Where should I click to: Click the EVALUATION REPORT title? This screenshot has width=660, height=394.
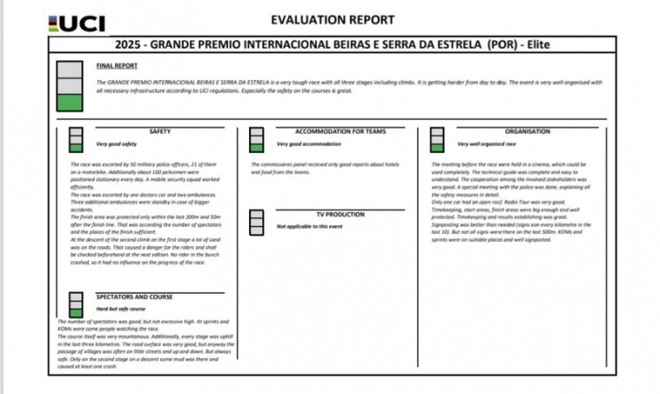[333, 20]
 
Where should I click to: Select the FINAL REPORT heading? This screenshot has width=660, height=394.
[116, 65]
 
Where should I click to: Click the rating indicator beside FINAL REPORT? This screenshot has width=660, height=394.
[70, 86]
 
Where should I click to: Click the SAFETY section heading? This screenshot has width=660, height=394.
[160, 132]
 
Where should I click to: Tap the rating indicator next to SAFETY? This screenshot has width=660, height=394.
[77, 139]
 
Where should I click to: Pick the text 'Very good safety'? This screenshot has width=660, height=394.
[116, 143]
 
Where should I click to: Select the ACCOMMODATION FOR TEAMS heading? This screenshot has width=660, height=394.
[341, 132]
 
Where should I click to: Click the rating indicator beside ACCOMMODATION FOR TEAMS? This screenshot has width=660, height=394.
[256, 139]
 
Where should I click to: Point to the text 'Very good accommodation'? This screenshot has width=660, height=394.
[309, 143]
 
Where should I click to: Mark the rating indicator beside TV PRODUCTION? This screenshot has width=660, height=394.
[256, 222]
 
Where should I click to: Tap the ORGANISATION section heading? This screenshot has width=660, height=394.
[528, 132]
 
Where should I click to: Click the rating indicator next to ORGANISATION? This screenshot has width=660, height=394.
[436, 139]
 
